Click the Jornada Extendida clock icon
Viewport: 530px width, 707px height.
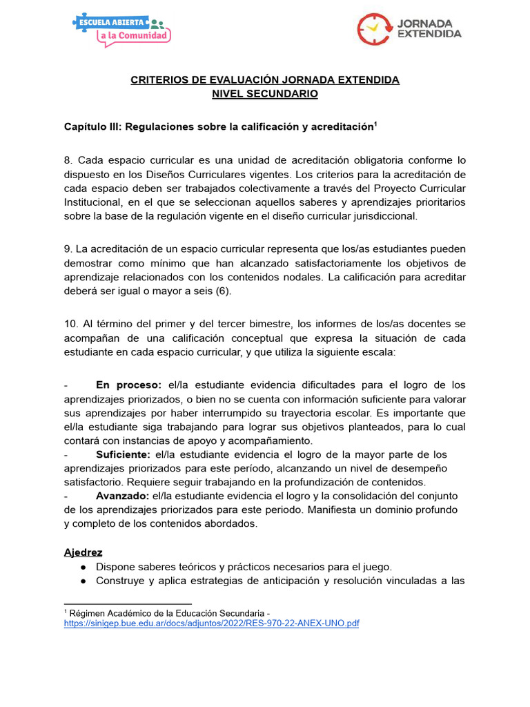pos(375,28)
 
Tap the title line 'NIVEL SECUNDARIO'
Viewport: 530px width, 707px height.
pos(264,94)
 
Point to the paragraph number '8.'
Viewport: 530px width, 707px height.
pos(68,160)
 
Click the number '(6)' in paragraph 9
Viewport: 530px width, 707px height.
pos(221,291)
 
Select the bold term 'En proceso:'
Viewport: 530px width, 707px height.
pos(128,385)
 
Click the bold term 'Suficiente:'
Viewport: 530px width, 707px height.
pos(123,454)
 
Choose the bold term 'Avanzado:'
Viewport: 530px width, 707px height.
pos(122,496)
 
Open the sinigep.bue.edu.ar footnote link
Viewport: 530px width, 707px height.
pos(211,623)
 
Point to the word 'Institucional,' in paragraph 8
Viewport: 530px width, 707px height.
pos(93,202)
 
